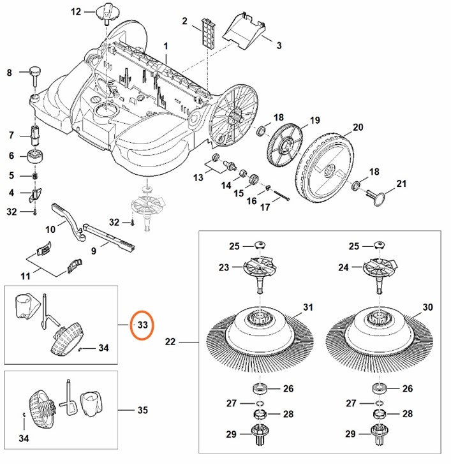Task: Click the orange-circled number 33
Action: [142, 325]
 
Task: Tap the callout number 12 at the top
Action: [77, 11]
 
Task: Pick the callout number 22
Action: [170, 343]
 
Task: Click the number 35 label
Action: [143, 409]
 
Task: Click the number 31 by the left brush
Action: [308, 307]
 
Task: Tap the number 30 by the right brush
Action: [428, 307]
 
